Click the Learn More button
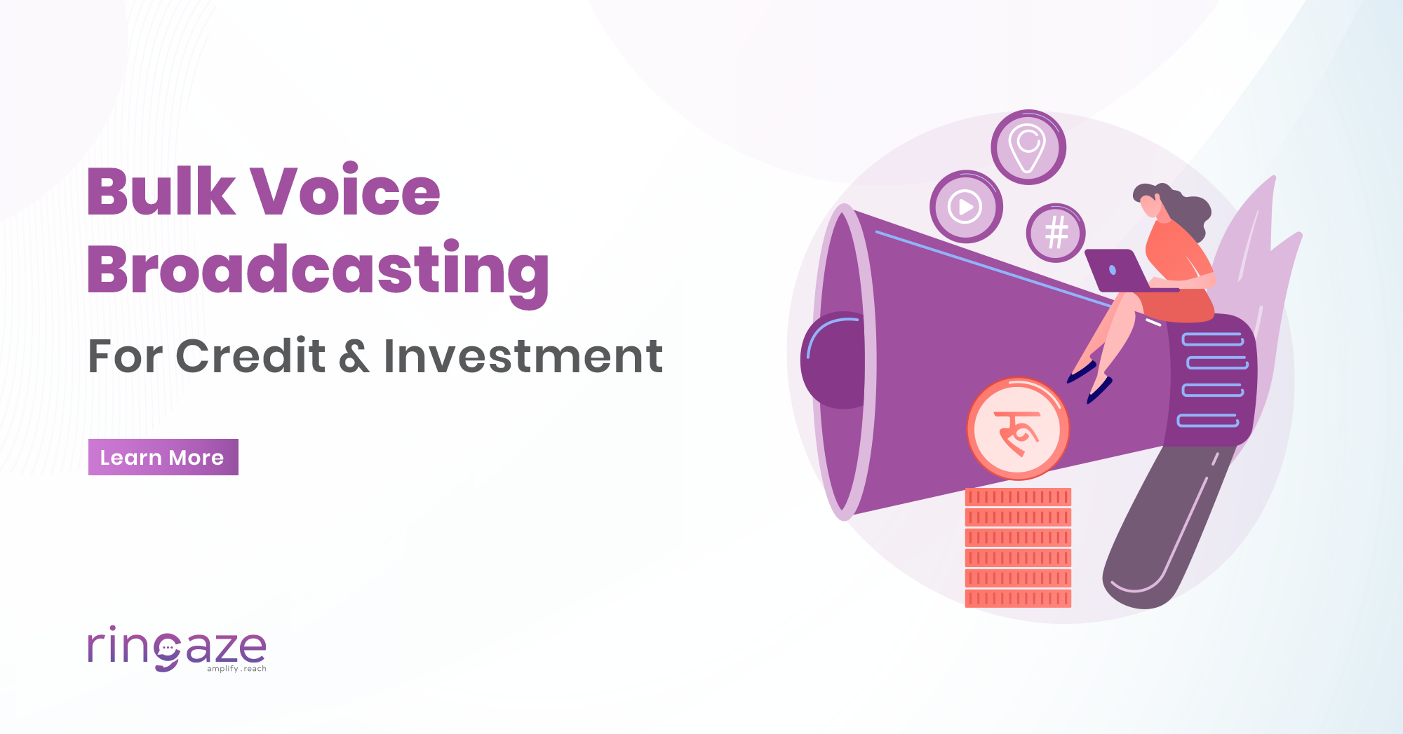click(x=163, y=457)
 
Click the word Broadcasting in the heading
click(x=318, y=271)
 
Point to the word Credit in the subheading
click(x=250, y=356)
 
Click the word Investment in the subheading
click(x=523, y=356)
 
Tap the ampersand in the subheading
click(x=354, y=356)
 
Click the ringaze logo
click(x=176, y=648)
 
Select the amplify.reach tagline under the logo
click(x=236, y=669)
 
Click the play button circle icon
click(x=966, y=207)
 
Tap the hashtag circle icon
click(x=1056, y=233)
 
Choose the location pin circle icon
click(x=1028, y=147)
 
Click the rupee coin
click(x=1018, y=429)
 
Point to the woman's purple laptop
click(x=1115, y=271)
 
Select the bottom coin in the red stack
click(x=1018, y=599)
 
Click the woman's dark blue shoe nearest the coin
click(x=1098, y=389)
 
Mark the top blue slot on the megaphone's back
click(x=1212, y=340)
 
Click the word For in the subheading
click(x=125, y=356)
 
